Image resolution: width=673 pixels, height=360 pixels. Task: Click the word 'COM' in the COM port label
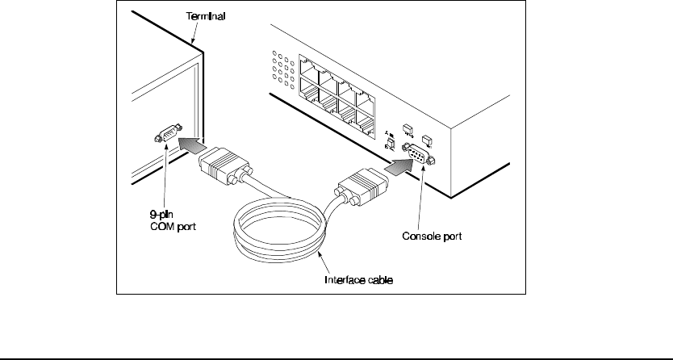tap(158, 226)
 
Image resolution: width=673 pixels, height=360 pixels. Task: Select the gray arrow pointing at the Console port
tap(395, 168)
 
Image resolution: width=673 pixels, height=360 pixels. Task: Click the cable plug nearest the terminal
tap(222, 169)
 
